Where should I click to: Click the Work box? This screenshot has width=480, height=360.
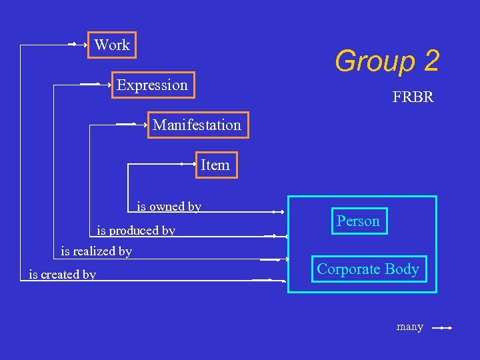[x=111, y=45]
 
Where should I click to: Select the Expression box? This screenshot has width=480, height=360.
[x=153, y=85]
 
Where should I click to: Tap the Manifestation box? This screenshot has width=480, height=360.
[x=197, y=125]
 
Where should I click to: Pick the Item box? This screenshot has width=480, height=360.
[x=215, y=165]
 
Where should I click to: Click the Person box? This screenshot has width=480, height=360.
[x=358, y=221]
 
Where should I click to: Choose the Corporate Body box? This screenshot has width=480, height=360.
[x=368, y=269]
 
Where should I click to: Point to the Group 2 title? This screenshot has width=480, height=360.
[x=387, y=61]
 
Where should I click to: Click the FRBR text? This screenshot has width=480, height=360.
[x=413, y=97]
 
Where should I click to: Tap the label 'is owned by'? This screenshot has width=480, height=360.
[x=169, y=207]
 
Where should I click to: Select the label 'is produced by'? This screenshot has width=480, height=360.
[x=136, y=231]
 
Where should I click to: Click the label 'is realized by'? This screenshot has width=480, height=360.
[x=96, y=251]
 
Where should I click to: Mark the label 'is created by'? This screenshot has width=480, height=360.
[x=62, y=274]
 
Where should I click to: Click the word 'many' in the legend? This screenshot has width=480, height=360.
[x=410, y=327]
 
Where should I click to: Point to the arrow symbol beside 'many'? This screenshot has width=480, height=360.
[x=442, y=328]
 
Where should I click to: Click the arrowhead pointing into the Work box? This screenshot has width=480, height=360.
[x=85, y=45]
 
